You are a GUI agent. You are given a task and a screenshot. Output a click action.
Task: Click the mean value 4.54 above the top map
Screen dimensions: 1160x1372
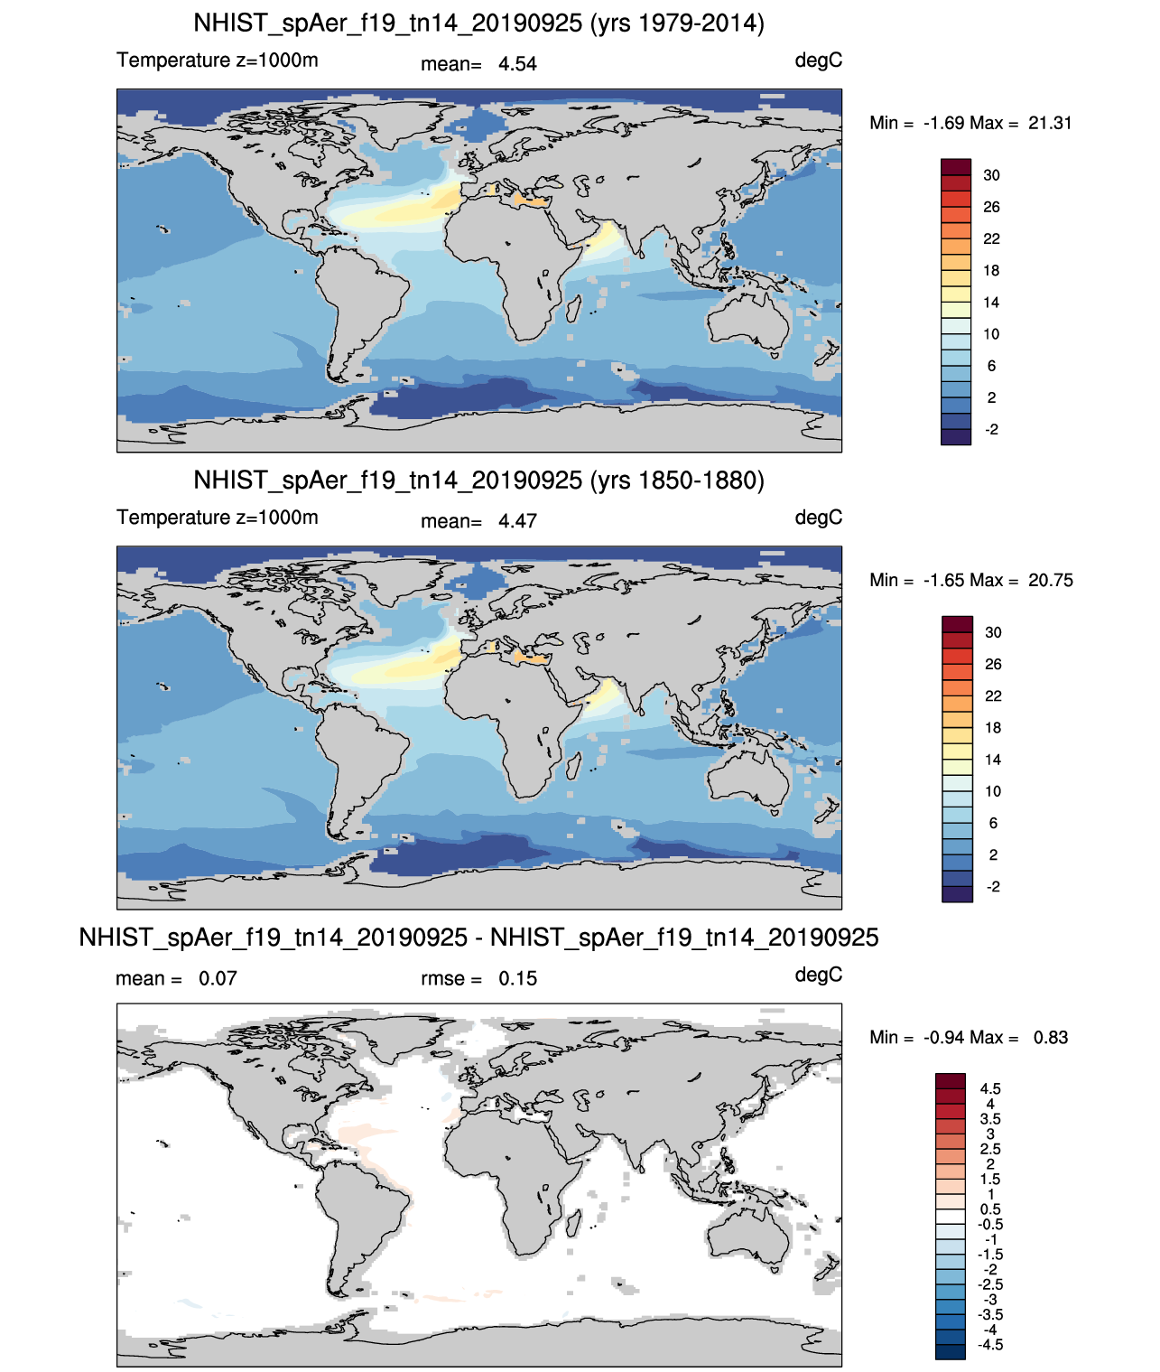pyautogui.click(x=517, y=64)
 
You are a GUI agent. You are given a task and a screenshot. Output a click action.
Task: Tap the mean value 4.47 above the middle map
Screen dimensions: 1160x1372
pyautogui.click(x=517, y=521)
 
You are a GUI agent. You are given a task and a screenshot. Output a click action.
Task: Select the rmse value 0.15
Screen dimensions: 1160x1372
pyautogui.click(x=517, y=978)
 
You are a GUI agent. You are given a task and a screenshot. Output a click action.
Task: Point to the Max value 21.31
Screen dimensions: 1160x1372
pyautogui.click(x=1050, y=123)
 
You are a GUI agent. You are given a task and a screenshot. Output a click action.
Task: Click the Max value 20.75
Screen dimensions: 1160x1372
pyautogui.click(x=1051, y=580)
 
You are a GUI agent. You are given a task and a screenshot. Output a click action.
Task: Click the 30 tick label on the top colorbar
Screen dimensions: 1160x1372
pyautogui.click(x=991, y=175)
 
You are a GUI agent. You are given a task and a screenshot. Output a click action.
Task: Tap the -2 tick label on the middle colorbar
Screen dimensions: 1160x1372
pyautogui.click(x=993, y=887)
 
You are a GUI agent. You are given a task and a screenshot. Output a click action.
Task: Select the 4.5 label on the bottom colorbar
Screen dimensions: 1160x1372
pyautogui.click(x=990, y=1088)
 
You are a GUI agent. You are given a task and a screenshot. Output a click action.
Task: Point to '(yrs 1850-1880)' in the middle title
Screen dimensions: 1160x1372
pyautogui.click(x=676, y=480)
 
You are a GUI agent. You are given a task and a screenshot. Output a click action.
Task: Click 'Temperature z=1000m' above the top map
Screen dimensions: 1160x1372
pyautogui.click(x=218, y=61)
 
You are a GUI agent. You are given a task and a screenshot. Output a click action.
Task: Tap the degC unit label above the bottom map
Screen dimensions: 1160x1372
pyautogui.click(x=819, y=975)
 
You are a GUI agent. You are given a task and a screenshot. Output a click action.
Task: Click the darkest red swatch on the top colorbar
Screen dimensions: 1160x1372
pyautogui.click(x=956, y=167)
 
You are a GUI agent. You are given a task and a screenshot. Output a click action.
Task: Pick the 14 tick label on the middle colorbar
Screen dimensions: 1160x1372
pyautogui.click(x=993, y=760)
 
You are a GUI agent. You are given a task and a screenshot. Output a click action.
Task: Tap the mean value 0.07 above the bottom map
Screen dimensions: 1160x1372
pyautogui.click(x=218, y=978)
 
